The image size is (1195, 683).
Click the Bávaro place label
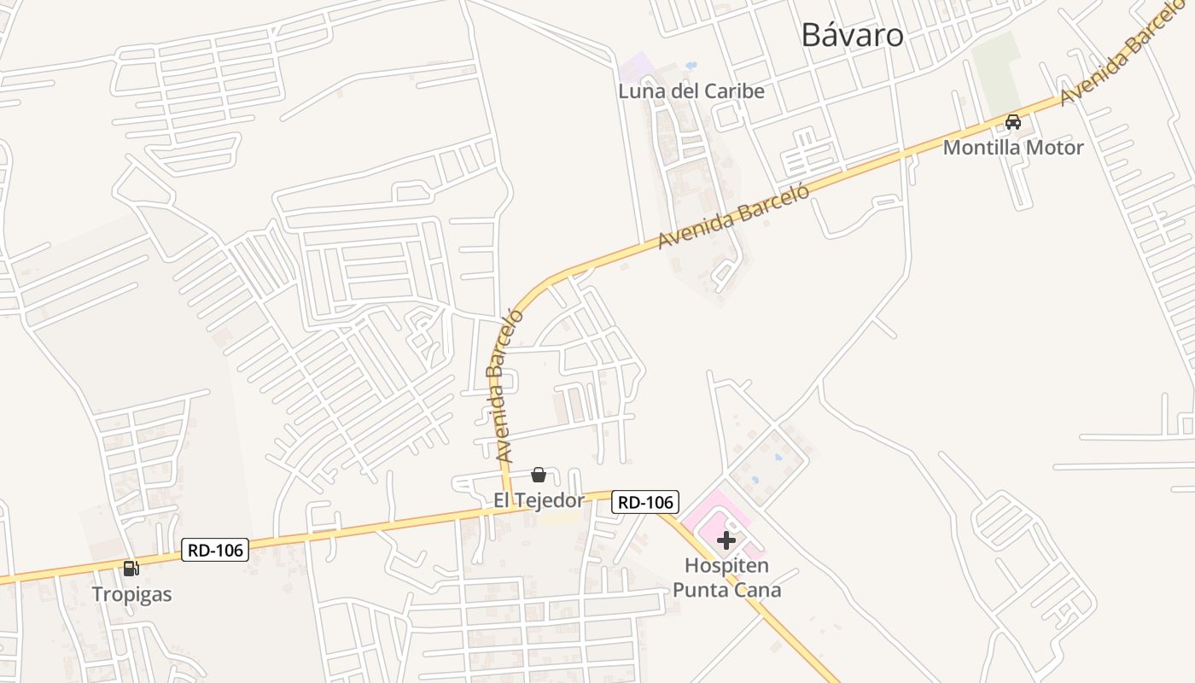(852, 35)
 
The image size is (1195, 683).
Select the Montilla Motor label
(1012, 148)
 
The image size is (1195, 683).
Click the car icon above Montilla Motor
(1013, 122)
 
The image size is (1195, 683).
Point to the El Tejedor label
(539, 500)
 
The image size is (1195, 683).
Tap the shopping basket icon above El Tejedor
(539, 475)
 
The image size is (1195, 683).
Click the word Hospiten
(726, 565)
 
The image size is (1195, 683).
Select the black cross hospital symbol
(726, 540)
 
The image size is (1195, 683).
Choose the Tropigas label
(131, 594)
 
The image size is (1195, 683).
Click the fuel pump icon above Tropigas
(131, 569)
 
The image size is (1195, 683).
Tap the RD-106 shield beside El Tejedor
(645, 502)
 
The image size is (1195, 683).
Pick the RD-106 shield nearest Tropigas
(215, 551)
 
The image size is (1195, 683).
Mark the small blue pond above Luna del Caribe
(691, 65)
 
